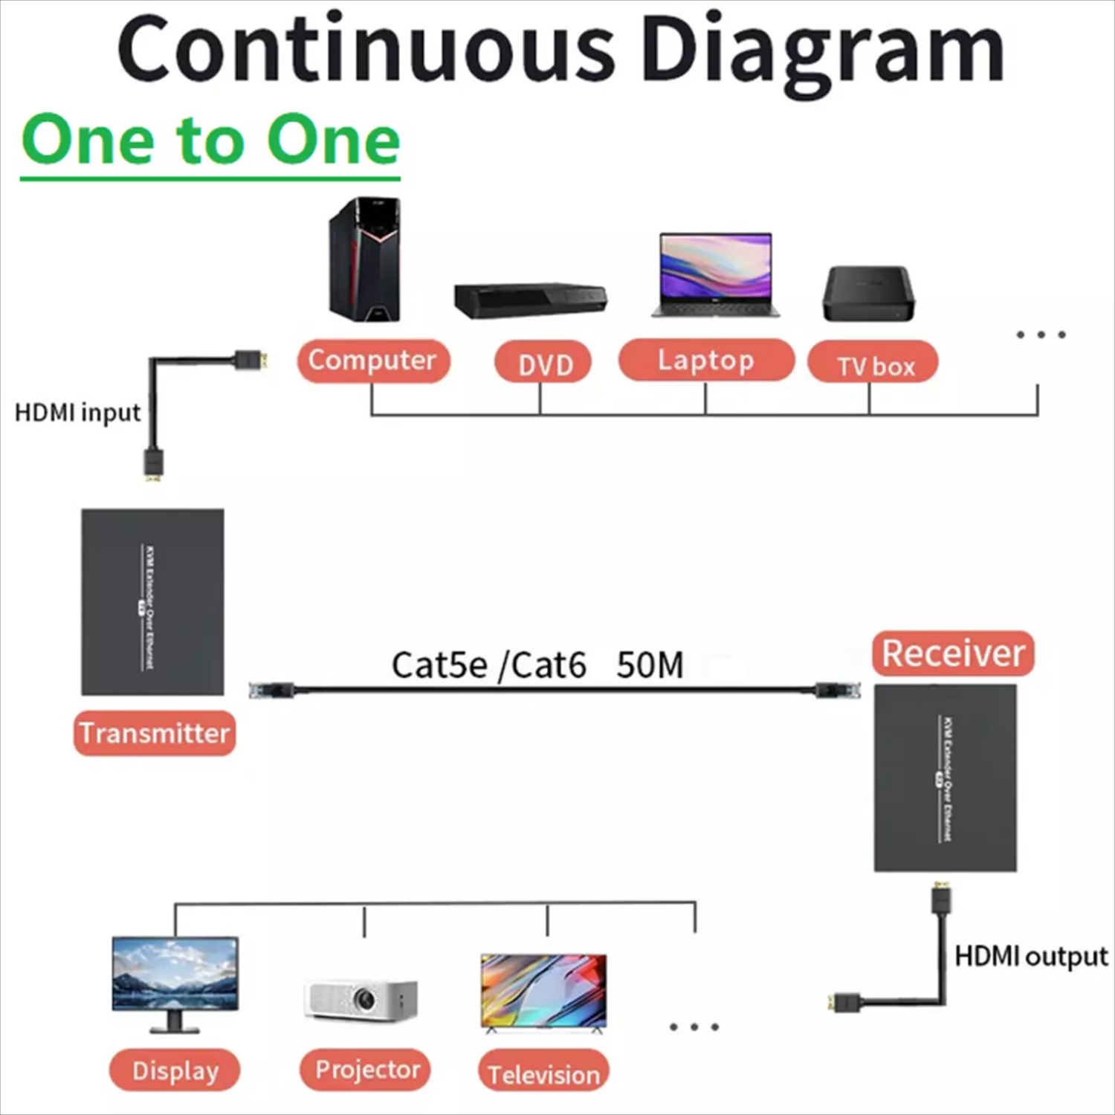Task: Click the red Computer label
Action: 373,361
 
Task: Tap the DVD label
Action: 543,363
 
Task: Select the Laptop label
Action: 705,361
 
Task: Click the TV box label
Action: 873,364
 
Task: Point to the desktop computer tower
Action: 365,259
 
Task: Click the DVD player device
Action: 531,299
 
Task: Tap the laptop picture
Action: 716,274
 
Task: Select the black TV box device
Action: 868,293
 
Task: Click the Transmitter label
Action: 155,733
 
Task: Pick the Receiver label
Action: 953,654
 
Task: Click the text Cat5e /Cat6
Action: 488,665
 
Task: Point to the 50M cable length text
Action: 650,665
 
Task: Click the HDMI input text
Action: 77,412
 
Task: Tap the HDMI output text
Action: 1030,957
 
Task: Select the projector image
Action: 361,998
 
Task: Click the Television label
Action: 543,1073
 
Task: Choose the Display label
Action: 175,1071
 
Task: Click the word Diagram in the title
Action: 822,51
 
